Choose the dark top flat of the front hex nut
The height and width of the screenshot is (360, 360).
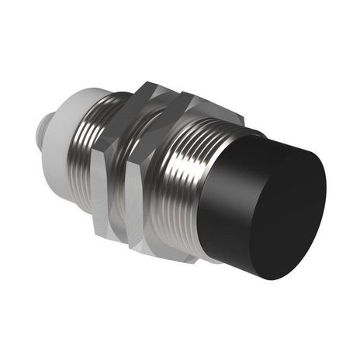click(167, 109)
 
